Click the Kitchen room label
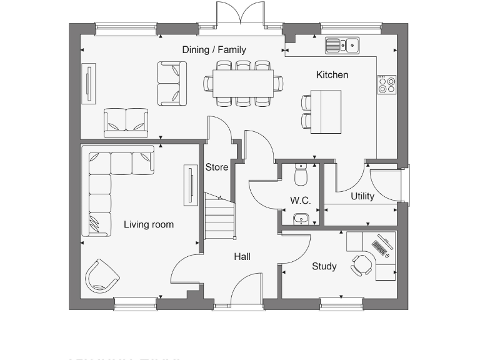click(332, 75)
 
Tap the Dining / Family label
click(214, 50)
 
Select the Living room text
click(149, 225)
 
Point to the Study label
click(324, 266)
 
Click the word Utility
click(362, 196)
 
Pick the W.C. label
click(300, 201)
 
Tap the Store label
click(217, 167)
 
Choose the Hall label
click(242, 256)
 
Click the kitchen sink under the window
click(342, 45)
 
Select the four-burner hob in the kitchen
click(387, 84)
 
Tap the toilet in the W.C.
click(301, 176)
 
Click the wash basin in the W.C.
click(301, 218)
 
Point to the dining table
click(243, 83)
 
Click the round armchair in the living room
click(102, 276)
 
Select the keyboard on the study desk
click(381, 248)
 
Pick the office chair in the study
click(361, 264)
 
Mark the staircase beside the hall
click(219, 216)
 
